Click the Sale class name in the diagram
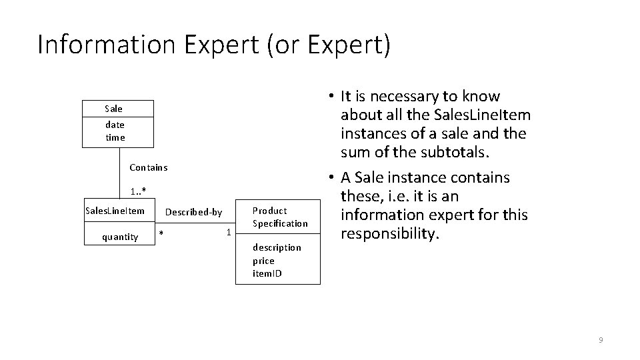point(114,108)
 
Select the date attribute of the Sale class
point(115,125)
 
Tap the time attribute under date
point(115,137)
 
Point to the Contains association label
point(149,167)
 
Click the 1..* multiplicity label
point(139,192)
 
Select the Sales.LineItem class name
point(115,211)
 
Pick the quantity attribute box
point(120,236)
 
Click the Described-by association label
point(193,212)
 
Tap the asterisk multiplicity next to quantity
point(161,233)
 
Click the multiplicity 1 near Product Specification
point(228,232)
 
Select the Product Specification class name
point(280,217)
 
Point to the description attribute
point(277,247)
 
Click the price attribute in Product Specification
point(263,261)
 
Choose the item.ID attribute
point(267,273)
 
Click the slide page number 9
point(601,341)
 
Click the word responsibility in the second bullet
point(390,234)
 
